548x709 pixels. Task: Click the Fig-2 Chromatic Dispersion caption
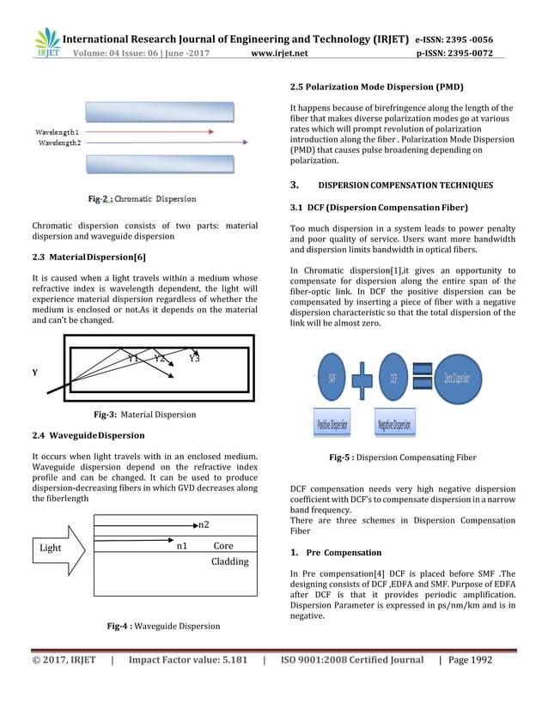[x=142, y=199]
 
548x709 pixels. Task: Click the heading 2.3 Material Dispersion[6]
[x=83, y=258]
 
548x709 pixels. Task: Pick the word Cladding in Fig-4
[x=229, y=561]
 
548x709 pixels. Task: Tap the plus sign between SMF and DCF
[x=364, y=379]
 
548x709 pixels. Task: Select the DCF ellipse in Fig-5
[x=393, y=378]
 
